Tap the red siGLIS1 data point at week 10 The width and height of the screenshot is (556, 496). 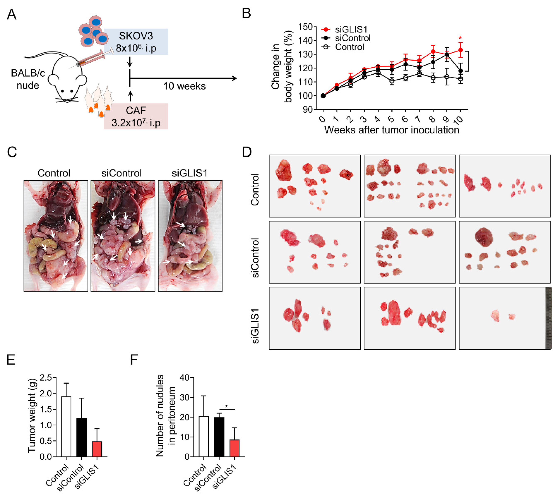click(460, 50)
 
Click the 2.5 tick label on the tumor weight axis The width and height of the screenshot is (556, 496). click(46, 378)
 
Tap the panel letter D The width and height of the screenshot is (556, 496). click(247, 152)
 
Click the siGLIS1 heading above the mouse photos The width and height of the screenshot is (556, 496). click(190, 173)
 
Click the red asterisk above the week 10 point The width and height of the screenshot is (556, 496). click(460, 38)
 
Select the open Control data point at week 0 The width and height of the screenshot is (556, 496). click(323, 96)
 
